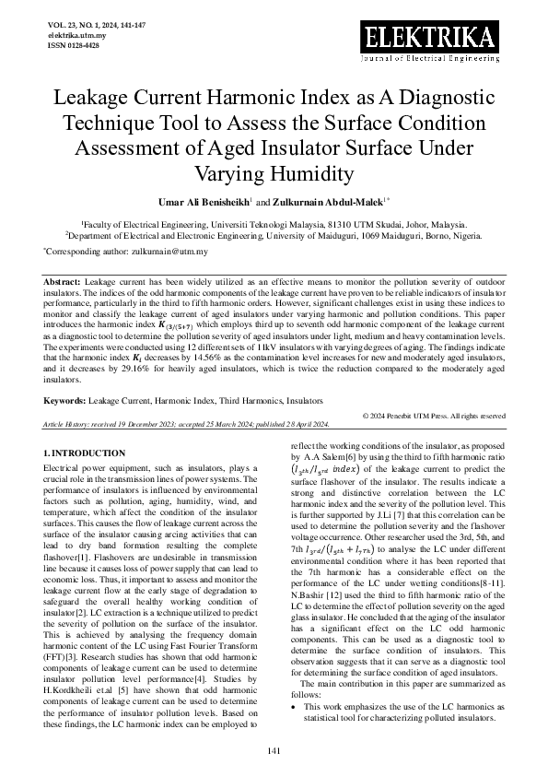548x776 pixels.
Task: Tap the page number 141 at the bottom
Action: coord(274,752)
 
